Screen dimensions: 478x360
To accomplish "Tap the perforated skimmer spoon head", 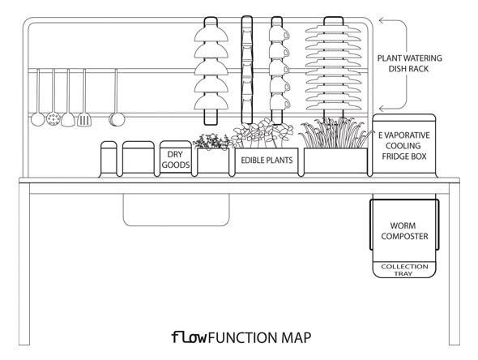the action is click(x=53, y=118).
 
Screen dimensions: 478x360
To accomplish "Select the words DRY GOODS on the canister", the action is click(x=176, y=160).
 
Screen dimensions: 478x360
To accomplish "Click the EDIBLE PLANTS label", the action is click(x=267, y=161).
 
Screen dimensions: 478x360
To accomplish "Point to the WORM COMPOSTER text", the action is click(x=404, y=231).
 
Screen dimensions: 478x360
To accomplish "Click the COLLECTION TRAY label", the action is click(x=404, y=270).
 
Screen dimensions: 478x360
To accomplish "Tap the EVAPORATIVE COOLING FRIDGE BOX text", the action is click(x=404, y=146).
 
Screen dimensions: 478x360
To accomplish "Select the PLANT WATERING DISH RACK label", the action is click(x=409, y=63).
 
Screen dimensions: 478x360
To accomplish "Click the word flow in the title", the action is click(x=190, y=337).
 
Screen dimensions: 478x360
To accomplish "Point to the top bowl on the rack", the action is click(x=211, y=34).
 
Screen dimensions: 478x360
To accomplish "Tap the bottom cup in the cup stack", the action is click(x=279, y=102).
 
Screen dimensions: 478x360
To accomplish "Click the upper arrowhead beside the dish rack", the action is click(x=382, y=20).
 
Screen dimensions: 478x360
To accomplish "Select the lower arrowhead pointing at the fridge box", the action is click(x=382, y=109).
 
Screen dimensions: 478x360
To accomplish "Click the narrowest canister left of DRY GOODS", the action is click(x=109, y=159).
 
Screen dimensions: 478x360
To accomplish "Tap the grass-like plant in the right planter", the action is click(x=335, y=133).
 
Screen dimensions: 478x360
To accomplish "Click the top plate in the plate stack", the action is click(x=333, y=30).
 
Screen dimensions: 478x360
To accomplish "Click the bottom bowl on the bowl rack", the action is click(x=211, y=102).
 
